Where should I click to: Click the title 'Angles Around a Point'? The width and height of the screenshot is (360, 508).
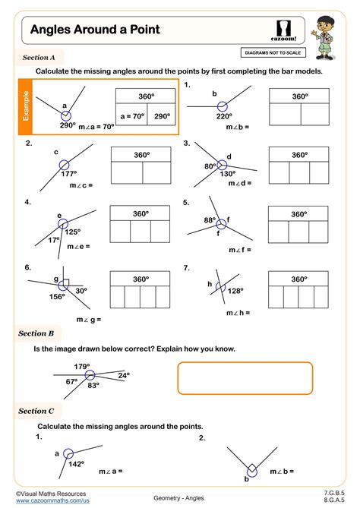click(x=95, y=29)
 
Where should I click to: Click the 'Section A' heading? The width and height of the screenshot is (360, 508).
click(x=39, y=57)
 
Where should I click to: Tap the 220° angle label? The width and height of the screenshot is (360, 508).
click(x=224, y=116)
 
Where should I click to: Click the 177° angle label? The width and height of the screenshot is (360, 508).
click(x=69, y=173)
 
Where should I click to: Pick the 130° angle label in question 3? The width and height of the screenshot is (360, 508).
click(x=226, y=173)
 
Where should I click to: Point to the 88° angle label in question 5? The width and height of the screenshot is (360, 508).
click(x=210, y=221)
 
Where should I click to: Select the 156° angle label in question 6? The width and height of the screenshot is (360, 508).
click(x=57, y=296)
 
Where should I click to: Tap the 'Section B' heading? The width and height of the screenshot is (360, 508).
click(x=36, y=333)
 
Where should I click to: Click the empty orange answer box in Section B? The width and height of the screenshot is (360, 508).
click(x=245, y=379)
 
